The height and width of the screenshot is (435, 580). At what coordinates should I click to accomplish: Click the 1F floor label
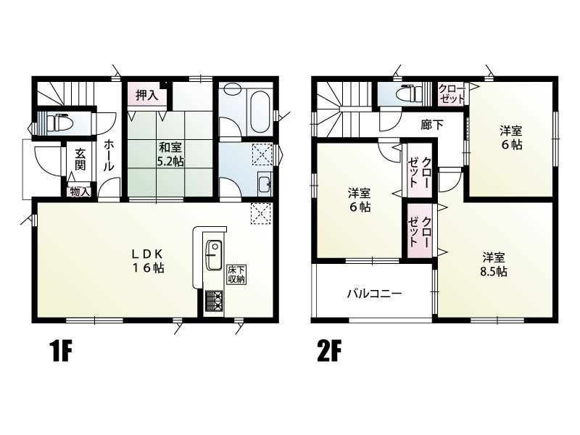pos(60,352)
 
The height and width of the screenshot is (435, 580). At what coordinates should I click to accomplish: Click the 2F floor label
pos(328,352)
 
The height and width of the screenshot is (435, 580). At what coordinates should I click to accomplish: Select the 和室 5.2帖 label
pos(170,154)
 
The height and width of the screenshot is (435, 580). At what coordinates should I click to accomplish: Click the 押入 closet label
pos(147,95)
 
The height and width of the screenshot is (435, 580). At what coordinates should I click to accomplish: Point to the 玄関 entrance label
pos(80,159)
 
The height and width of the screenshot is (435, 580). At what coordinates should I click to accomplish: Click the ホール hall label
pos(108,155)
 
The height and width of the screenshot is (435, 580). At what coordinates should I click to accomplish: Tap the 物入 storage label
pos(80,192)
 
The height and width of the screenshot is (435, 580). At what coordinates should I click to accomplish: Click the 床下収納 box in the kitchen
pos(236,275)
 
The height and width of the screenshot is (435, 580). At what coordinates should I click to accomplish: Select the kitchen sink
pos(213,255)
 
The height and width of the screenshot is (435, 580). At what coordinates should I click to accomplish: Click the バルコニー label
pos(374,294)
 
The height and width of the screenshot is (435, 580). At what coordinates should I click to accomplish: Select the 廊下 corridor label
pos(431,125)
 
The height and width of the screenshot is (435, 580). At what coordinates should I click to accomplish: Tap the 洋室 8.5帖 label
pos(494,265)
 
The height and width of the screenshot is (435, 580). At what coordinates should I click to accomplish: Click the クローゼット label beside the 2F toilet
pos(451,94)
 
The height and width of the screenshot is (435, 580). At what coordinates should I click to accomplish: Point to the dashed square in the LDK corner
pos(262,213)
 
